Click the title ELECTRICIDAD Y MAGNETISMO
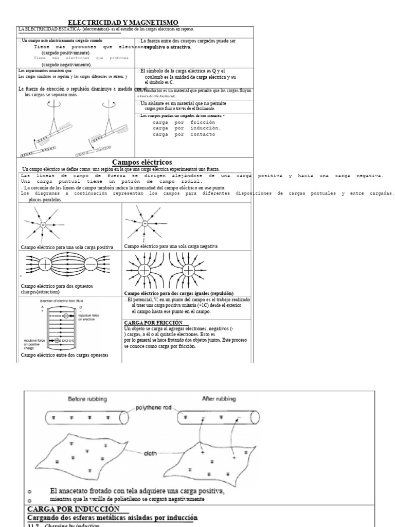[x=123, y=22]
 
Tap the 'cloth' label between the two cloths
[x=150, y=452]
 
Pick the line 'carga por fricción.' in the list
[x=187, y=122]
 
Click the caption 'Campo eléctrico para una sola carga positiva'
[x=67, y=248]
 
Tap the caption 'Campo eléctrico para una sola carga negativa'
[x=171, y=247]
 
